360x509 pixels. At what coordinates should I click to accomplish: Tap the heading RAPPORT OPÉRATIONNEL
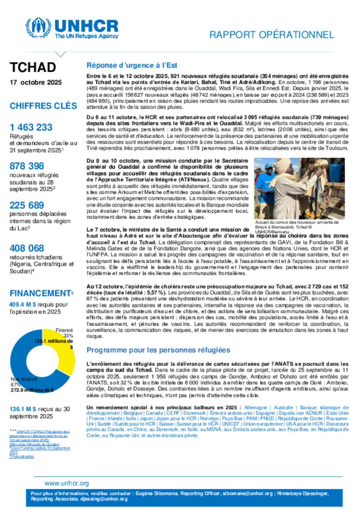[x=271, y=35]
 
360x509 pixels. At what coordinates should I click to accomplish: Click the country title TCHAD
[x=33, y=67]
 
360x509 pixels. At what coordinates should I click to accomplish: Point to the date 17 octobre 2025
[x=36, y=83]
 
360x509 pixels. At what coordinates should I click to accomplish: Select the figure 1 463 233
[x=31, y=127]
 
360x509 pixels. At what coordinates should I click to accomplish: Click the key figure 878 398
[x=27, y=166]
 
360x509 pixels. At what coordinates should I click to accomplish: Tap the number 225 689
[x=27, y=205]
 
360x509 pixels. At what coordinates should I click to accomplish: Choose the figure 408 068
[x=27, y=248]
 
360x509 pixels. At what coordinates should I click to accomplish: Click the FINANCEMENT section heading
[x=41, y=293]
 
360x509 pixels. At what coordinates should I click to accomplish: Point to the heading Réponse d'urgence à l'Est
[x=131, y=65]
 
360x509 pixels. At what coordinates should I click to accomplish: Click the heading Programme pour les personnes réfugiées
[x=158, y=350]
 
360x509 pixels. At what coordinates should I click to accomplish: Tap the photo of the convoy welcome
[x=299, y=188]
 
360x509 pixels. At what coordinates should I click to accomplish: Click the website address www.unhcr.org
[x=67, y=483]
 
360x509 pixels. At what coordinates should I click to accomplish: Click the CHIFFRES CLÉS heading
[x=43, y=106]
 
